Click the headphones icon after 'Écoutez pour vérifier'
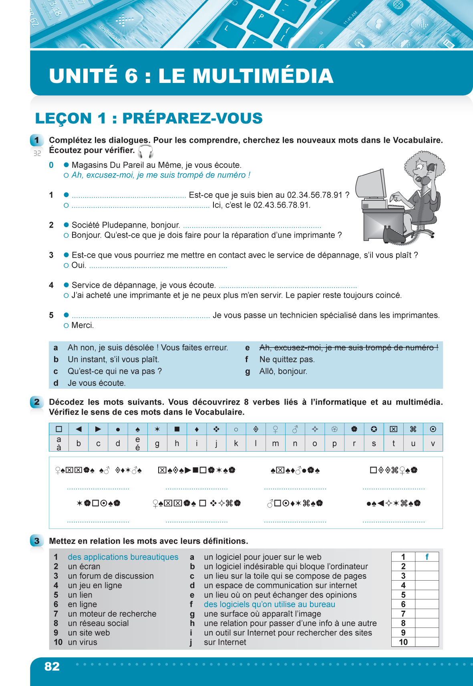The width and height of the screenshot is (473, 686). click(x=145, y=151)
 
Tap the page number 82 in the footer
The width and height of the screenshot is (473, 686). click(x=52, y=666)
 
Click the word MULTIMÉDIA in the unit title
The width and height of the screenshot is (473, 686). click(x=246, y=76)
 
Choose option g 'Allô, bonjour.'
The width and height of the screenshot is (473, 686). click(x=283, y=371)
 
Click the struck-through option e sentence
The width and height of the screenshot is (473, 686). click(x=348, y=347)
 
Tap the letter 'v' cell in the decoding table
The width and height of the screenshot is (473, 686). click(x=433, y=444)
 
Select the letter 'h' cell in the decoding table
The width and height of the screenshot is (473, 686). click(x=177, y=444)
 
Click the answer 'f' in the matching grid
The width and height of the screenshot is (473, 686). click(x=427, y=557)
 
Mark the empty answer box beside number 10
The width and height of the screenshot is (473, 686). click(x=427, y=642)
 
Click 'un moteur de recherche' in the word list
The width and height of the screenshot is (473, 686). click(x=112, y=614)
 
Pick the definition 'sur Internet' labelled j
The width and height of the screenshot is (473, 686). click(x=225, y=642)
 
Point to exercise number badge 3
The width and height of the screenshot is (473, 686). click(x=37, y=541)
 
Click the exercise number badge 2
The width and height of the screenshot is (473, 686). click(x=37, y=402)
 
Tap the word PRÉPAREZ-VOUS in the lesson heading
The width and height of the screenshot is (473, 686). click(x=192, y=118)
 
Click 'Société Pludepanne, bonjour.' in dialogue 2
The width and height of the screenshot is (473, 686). click(x=126, y=225)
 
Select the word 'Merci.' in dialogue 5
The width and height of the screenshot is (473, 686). click(x=83, y=325)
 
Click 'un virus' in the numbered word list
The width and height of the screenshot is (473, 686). click(x=83, y=642)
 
